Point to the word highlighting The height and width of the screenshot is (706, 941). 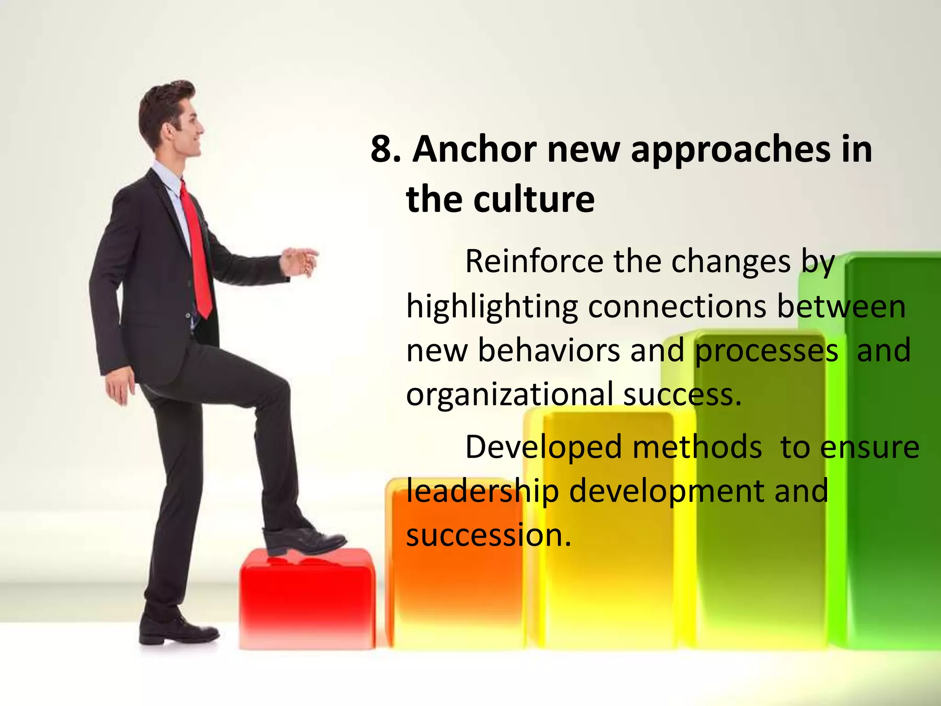pos(492,307)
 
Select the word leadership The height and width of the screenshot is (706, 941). pos(482,491)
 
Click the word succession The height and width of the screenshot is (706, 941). pos(487,535)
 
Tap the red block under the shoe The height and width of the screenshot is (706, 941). pos(306,598)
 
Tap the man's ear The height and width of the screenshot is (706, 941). pos(169,132)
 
